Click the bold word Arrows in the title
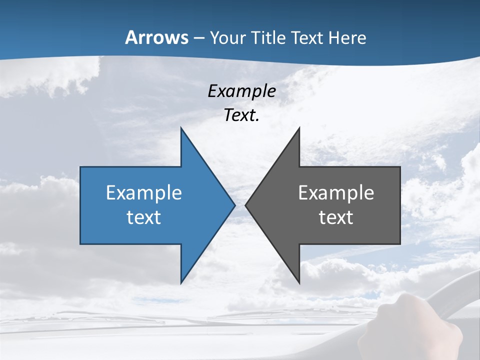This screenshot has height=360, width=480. (157, 37)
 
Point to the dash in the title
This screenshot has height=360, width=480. (199, 38)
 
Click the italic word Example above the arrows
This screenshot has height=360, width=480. (241, 91)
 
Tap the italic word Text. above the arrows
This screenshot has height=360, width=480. (241, 115)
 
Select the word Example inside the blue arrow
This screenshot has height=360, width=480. (144, 192)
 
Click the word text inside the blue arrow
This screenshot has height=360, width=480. (144, 217)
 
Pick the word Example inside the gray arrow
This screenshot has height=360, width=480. (336, 192)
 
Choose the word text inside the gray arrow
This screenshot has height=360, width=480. (336, 217)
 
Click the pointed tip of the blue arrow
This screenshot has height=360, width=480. (234, 204)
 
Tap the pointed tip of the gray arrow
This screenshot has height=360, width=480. (246, 204)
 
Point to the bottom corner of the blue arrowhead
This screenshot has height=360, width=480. (181, 282)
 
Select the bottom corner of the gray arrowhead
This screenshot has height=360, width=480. (299, 282)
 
